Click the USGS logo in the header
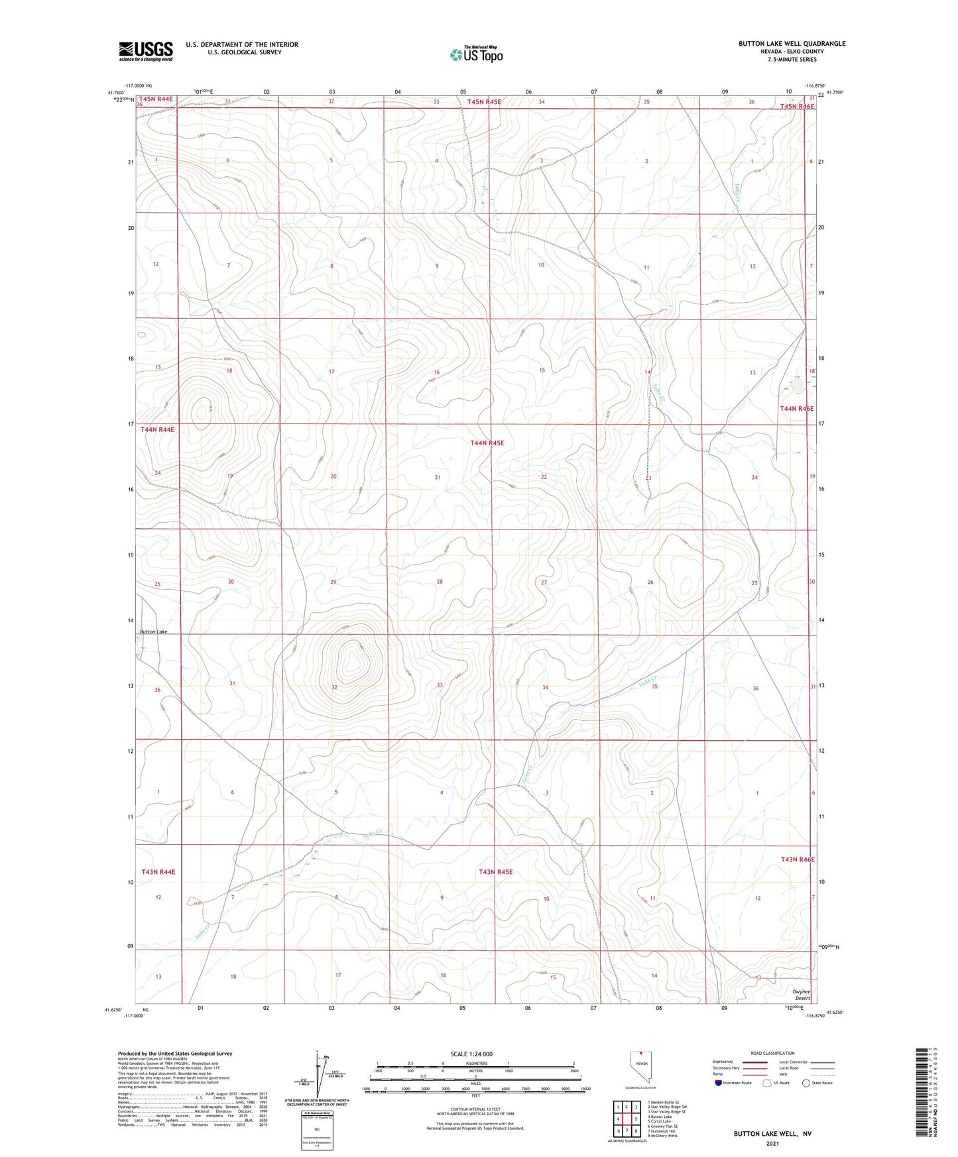tap(146, 51)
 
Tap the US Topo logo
tap(476, 54)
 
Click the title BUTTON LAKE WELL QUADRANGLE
tap(792, 44)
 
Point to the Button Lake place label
tap(153, 632)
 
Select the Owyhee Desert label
tap(802, 995)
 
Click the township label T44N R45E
tap(492, 443)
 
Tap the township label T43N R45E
tap(495, 872)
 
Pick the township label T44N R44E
tap(157, 430)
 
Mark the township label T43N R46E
tap(797, 859)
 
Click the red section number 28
tap(439, 582)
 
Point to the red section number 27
tap(544, 582)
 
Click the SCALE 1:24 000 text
tap(471, 1054)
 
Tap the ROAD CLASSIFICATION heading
tap(772, 1053)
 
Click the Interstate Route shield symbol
tap(719, 1083)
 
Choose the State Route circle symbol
tap(806, 1083)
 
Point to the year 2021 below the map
tap(772, 1144)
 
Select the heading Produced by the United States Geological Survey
tap(175, 1053)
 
